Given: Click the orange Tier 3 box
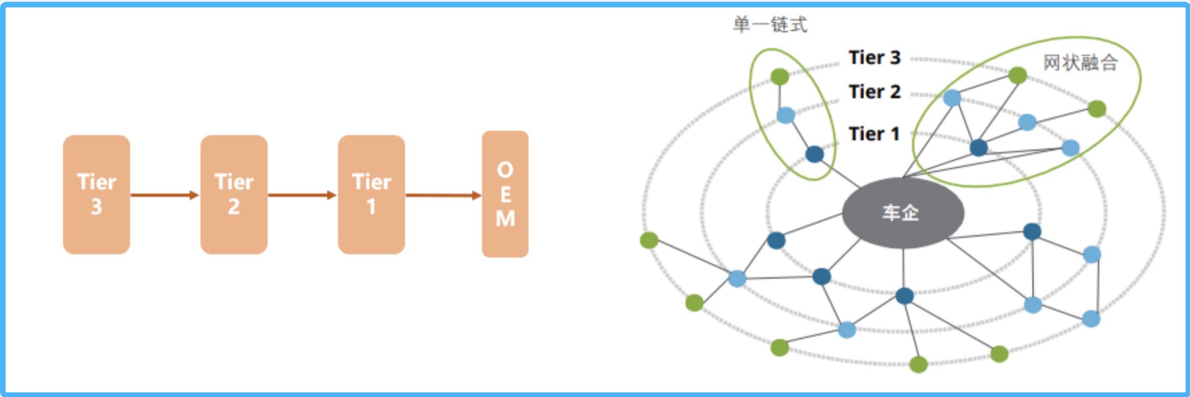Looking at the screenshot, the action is click(x=96, y=194).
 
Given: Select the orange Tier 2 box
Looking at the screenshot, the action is click(x=234, y=194).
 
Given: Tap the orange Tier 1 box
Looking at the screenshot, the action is click(x=371, y=194).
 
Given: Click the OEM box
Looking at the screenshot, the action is click(x=505, y=194).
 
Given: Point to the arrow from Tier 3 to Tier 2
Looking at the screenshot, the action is click(x=165, y=195).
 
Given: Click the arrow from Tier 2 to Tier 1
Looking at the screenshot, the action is click(x=302, y=195).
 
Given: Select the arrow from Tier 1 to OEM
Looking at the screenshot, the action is click(x=443, y=195).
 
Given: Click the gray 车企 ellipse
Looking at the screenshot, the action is click(x=903, y=213).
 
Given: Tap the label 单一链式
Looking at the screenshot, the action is click(x=770, y=24).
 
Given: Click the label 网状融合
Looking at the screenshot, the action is click(x=1080, y=63).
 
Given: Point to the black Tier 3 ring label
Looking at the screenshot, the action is click(x=874, y=57).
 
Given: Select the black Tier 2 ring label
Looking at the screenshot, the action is click(x=874, y=92).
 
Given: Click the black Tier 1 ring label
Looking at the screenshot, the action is click(x=874, y=134).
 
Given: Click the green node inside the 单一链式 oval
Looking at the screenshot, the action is click(x=779, y=77).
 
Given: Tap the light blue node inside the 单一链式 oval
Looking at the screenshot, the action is click(x=786, y=115).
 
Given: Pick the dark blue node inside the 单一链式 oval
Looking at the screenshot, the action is click(x=815, y=154).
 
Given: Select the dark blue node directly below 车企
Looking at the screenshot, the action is click(x=905, y=296).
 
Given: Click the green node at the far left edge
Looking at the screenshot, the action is click(x=649, y=241).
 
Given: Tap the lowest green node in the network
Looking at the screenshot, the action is click(x=918, y=364).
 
